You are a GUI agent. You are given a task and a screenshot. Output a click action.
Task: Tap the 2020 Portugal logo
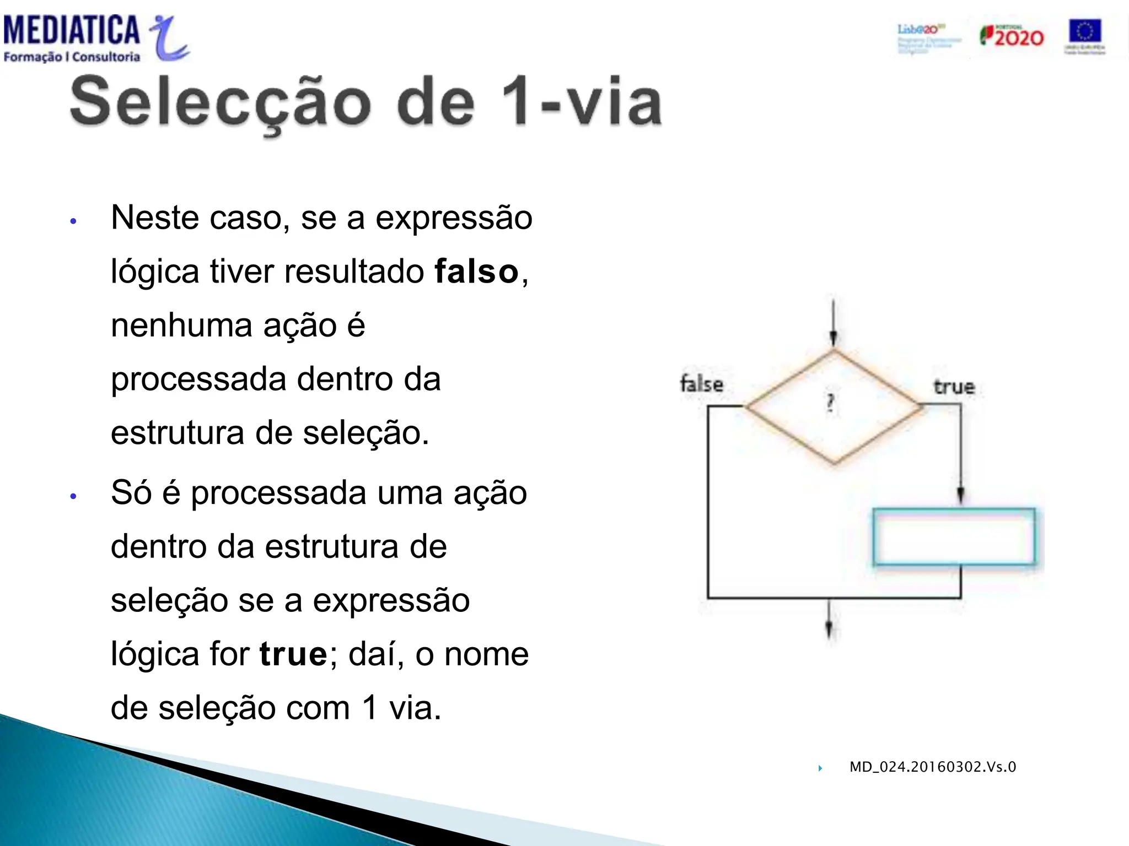pos(1012,36)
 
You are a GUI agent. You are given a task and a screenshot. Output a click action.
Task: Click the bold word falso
pos(476,272)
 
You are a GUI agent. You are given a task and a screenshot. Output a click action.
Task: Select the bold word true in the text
pos(293,654)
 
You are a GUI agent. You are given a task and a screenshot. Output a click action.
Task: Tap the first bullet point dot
pos(73,221)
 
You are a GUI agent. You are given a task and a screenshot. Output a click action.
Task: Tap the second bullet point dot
pos(73,496)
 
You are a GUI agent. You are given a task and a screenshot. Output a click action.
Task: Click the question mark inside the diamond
pos(831,404)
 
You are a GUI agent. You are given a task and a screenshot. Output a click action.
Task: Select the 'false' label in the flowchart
pos(701,384)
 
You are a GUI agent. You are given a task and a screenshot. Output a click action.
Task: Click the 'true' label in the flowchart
pos(954,387)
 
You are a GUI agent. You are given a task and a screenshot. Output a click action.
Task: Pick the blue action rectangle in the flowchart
pos(954,537)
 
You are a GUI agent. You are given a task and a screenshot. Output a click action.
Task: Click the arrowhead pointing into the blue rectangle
pos(960,494)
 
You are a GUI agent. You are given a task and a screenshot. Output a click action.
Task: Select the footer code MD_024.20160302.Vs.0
pos(932,767)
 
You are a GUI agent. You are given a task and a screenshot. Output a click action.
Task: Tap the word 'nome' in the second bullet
pos(486,654)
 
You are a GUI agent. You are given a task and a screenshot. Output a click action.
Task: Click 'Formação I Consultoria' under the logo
pos(72,57)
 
